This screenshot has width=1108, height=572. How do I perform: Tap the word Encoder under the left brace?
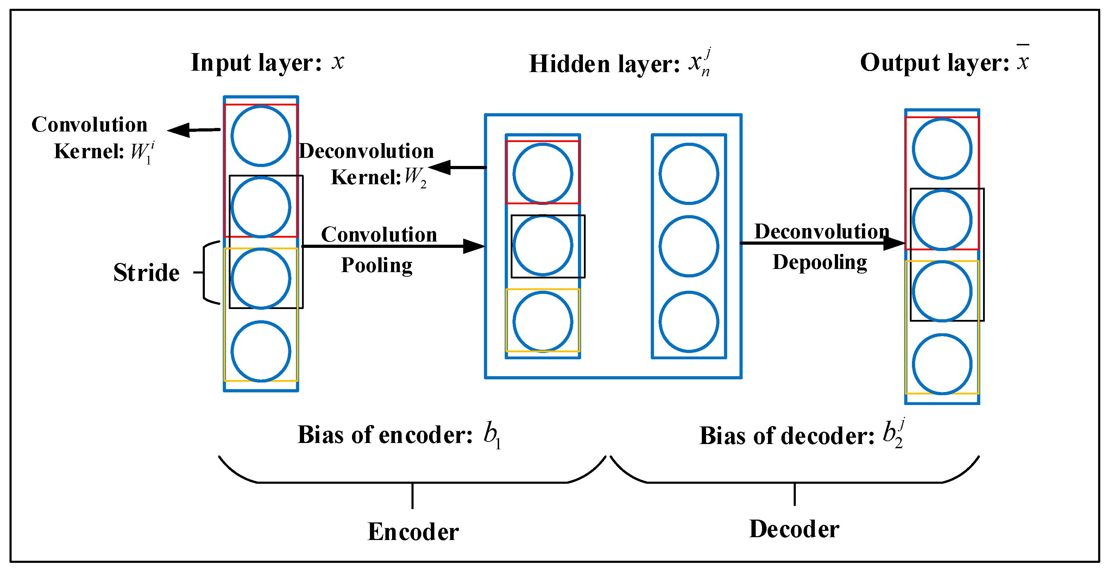point(413,532)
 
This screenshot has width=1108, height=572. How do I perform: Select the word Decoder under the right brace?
point(794,529)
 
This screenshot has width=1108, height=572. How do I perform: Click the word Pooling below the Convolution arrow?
point(377,265)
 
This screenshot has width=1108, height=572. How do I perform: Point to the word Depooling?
point(820,262)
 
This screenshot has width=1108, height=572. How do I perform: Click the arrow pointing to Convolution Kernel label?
point(194,130)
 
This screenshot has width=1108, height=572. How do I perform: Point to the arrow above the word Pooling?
point(394,246)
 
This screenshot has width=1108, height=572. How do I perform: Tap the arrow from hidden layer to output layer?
point(823,243)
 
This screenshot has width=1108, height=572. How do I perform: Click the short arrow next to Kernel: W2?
point(457,167)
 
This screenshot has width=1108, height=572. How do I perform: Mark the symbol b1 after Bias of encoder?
point(492,435)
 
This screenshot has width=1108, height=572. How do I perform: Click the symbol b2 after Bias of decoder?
point(893,433)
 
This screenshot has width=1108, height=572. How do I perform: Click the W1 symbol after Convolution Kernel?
point(142,152)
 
